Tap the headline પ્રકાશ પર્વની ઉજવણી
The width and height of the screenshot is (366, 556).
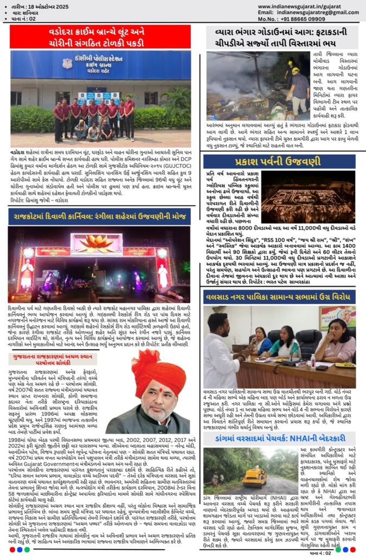[x=279, y=162]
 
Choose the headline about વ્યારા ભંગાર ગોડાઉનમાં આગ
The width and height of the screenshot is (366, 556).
[x=279, y=37]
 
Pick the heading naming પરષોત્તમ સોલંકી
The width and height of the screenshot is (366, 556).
[x=54, y=359]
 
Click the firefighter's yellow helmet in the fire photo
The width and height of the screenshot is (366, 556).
[x=295, y=71]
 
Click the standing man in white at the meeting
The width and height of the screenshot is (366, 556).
[x=219, y=353]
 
